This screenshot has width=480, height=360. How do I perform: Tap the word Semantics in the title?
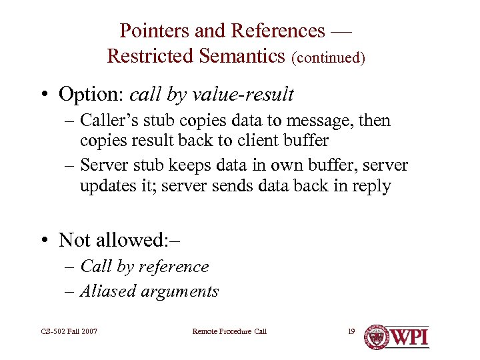[240, 56]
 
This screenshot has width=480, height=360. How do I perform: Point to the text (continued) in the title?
[328, 58]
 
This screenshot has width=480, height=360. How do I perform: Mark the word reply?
[371, 185]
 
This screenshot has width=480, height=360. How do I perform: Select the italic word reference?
[174, 267]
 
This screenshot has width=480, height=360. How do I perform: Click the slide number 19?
[351, 331]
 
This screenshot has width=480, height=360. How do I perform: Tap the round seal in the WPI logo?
[377, 337]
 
